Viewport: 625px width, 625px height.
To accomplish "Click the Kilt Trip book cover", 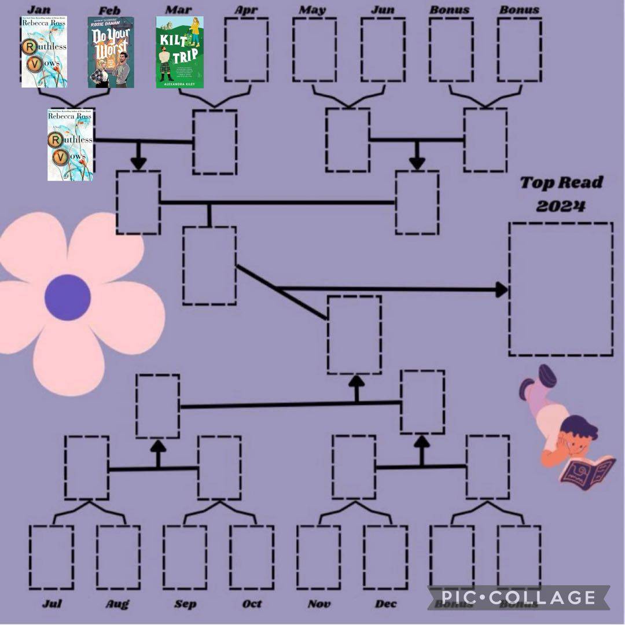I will pos(179,52).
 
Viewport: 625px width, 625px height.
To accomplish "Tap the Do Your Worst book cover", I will pos(111,52).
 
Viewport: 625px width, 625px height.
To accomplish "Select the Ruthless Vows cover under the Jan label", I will pos(44,52).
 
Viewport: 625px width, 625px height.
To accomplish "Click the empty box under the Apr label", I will pos(247,50).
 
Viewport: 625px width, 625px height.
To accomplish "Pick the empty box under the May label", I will pos(314,50).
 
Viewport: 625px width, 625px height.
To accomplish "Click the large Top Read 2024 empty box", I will pos(561,289).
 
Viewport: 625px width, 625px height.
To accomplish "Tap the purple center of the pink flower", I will pos(68,297).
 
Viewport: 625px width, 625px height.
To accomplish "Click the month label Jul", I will pos(52,604).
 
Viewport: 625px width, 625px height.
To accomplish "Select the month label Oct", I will pos(252,604).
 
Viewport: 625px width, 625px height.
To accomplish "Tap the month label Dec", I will pos(385,604).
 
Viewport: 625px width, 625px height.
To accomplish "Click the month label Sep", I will pos(185,604).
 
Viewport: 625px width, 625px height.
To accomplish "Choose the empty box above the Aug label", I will pos(118,557).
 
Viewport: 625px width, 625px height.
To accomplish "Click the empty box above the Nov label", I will pos(318,557).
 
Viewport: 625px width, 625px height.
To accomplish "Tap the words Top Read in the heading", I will pos(561,183).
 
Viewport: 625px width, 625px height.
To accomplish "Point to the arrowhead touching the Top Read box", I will pos(502,289).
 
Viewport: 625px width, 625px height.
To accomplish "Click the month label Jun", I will pos(383,10).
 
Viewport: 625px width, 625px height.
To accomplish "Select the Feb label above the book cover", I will pos(110,10).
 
